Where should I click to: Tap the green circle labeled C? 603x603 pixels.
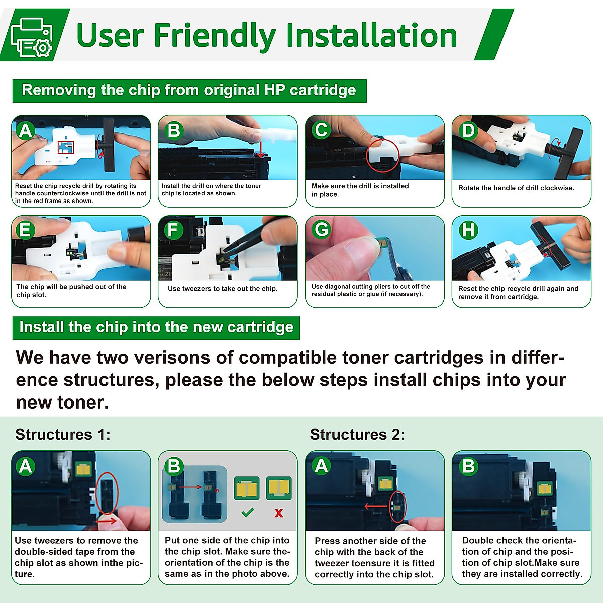[321, 130]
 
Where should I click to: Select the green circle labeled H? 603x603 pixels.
[468, 230]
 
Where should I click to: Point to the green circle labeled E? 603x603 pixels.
[25, 230]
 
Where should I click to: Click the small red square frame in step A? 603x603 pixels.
[66, 147]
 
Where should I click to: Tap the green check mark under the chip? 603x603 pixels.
[248, 512]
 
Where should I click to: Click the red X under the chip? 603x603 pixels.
[278, 513]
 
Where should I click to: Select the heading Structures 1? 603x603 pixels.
[63, 434]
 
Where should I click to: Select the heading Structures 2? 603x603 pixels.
[357, 434]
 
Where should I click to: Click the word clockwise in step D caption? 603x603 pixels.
[557, 188]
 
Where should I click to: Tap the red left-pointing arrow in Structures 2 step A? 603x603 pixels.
[376, 506]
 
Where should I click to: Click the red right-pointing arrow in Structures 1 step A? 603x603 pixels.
[106, 521]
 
